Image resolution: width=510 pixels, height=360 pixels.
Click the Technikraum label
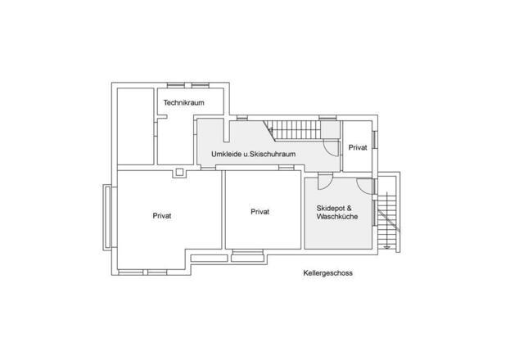(x=183, y=102)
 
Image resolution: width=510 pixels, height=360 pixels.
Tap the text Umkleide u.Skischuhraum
(x=253, y=153)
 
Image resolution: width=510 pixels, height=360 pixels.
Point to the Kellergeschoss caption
(x=327, y=273)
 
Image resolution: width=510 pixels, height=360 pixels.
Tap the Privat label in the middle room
(x=260, y=211)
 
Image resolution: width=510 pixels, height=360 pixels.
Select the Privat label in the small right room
(x=358, y=147)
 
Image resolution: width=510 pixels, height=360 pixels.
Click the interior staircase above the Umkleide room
(x=294, y=128)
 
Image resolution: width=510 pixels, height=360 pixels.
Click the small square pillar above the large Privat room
(x=178, y=172)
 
